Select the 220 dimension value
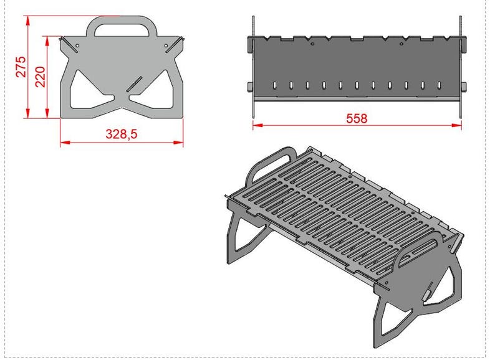(39, 77)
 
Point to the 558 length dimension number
(357, 118)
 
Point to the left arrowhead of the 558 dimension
(256, 125)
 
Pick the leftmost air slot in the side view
(274, 84)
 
